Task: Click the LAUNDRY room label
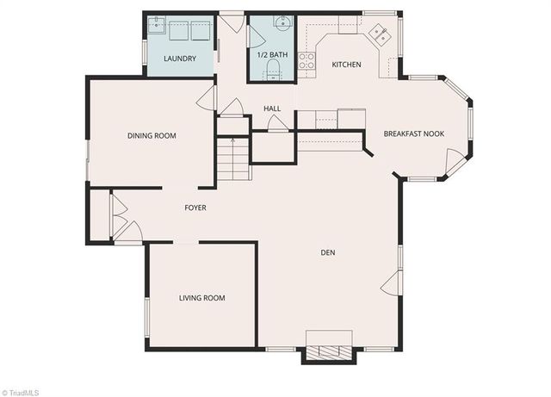[x=180, y=59]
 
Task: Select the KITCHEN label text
[x=347, y=65]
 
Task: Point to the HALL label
[x=272, y=109]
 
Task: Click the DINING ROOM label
[x=152, y=136]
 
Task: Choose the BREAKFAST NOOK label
[x=414, y=133]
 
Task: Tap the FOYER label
[x=195, y=208]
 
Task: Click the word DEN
[x=327, y=252]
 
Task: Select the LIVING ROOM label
[x=201, y=298]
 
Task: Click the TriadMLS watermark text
[x=21, y=392]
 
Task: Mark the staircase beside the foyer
[x=232, y=158]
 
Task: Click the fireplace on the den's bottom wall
[x=328, y=352]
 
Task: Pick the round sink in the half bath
[x=282, y=22]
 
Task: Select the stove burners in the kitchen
[x=306, y=60]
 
